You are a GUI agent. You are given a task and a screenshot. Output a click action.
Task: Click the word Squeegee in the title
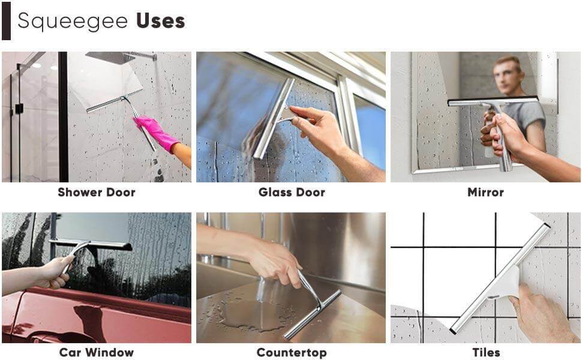pyautogui.click(x=73, y=21)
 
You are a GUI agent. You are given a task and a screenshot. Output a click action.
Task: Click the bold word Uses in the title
pyautogui.click(x=160, y=21)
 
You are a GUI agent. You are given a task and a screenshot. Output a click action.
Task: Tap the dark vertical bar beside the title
pyautogui.click(x=6, y=21)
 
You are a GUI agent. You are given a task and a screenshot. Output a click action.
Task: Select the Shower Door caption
pyautogui.click(x=96, y=193)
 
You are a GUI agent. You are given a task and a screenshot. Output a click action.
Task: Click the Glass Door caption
pyautogui.click(x=292, y=193)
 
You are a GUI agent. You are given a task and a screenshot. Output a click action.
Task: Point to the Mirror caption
pyautogui.click(x=485, y=193)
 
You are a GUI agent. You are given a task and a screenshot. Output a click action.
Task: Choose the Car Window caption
pyautogui.click(x=96, y=352)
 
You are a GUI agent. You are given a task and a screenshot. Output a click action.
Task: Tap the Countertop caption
pyautogui.click(x=292, y=352)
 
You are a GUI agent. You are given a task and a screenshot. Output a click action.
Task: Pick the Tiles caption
pyautogui.click(x=485, y=352)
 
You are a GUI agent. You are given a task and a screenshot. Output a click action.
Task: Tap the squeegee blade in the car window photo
pyautogui.click(x=90, y=244)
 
